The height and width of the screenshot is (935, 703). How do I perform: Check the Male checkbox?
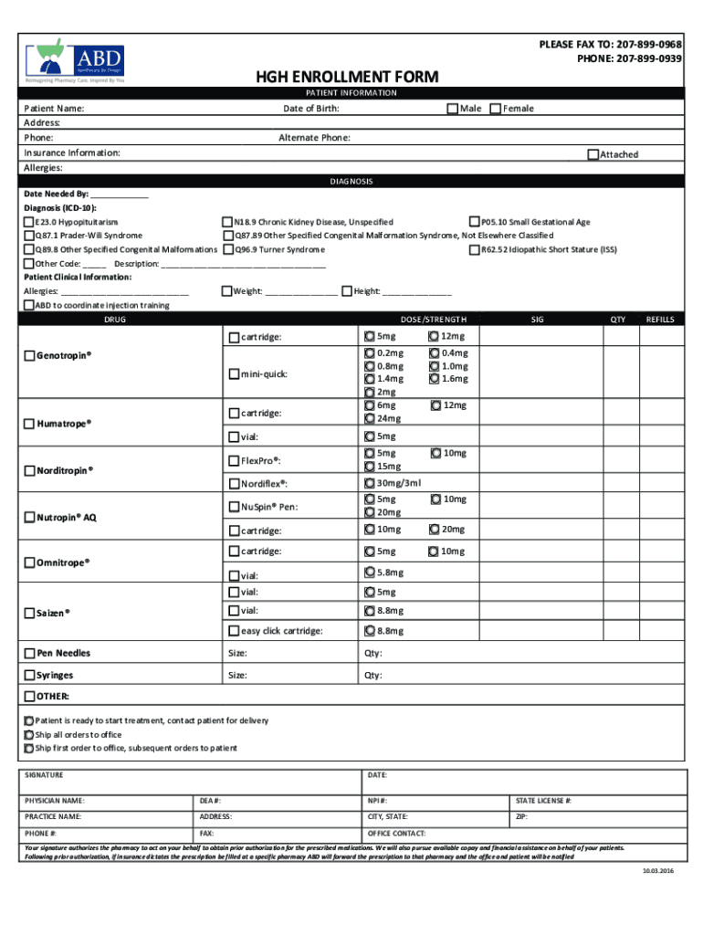point(452,109)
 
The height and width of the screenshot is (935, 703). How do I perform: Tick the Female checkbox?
point(496,109)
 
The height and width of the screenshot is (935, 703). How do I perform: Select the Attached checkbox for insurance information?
point(593,154)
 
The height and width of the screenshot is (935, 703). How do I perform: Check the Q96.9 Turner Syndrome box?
point(228,249)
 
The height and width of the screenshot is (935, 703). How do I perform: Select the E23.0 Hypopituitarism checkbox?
point(29,222)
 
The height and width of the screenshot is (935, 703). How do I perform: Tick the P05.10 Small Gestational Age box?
point(474,222)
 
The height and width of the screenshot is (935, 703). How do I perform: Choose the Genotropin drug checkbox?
point(29,355)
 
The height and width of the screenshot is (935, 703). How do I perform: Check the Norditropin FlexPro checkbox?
point(233,460)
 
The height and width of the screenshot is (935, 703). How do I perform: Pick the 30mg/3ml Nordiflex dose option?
point(369,483)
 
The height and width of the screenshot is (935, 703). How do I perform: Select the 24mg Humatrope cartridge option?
point(369,418)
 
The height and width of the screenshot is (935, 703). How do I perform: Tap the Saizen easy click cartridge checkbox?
point(233,631)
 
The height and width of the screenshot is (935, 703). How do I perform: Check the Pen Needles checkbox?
point(29,653)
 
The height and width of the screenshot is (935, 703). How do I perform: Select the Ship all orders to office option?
point(28,734)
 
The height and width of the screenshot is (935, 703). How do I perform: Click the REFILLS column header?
point(659,320)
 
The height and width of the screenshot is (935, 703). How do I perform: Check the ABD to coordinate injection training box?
point(29,305)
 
